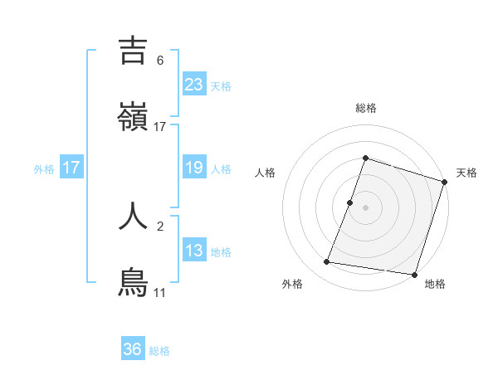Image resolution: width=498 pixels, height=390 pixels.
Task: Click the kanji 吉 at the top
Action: [134, 51]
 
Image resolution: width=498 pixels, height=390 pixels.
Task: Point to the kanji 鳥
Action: [134, 282]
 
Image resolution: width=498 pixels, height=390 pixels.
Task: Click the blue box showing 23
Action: [194, 85]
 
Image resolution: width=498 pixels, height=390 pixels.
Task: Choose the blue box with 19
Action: [194, 168]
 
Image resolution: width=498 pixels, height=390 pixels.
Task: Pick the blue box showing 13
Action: [194, 251]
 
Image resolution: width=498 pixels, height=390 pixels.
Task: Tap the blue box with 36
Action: [133, 349]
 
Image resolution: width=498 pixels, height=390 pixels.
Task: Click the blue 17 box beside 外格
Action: [71, 168]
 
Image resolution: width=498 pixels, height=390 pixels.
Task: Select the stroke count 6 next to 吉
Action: [160, 61]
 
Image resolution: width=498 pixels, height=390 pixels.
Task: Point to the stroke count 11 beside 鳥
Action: [160, 293]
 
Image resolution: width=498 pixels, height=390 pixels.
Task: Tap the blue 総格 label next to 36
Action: [159, 351]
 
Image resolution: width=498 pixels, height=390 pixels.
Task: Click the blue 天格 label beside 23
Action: [221, 86]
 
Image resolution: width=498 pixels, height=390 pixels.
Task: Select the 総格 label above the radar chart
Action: [366, 108]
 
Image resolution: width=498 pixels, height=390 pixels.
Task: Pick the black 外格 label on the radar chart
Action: [292, 284]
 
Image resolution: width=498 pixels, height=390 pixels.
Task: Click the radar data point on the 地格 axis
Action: [414, 274]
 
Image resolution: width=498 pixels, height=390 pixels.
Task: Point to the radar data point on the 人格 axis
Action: [350, 202]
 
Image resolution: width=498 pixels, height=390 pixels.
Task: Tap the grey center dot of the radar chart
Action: [366, 207]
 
